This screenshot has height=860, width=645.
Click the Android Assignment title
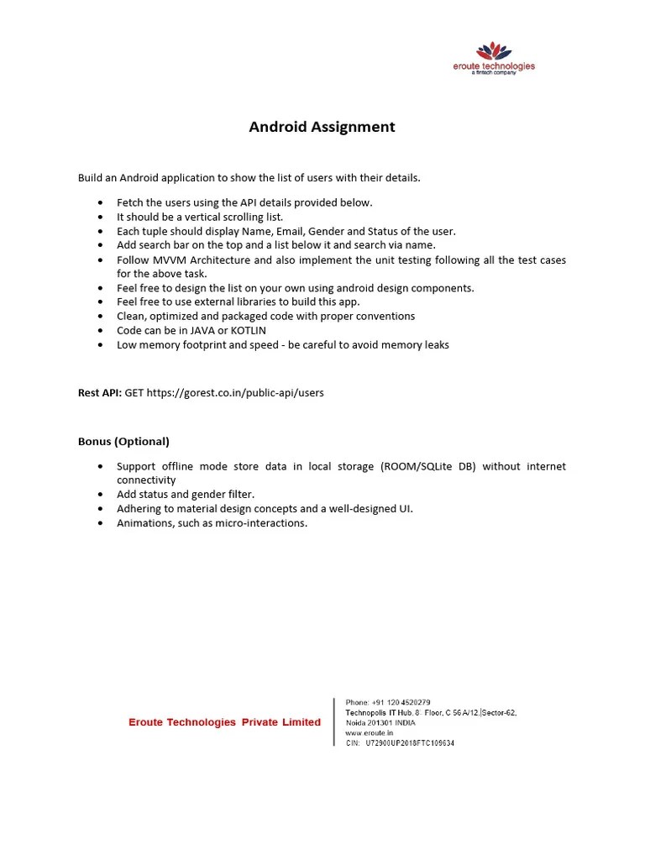[x=322, y=128]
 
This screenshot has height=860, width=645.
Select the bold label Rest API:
[x=100, y=392]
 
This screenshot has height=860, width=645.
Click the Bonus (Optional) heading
[x=123, y=441]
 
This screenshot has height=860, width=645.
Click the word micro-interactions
[x=262, y=523]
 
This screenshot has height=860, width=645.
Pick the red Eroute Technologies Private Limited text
[x=224, y=722]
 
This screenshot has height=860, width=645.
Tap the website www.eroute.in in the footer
[x=369, y=733]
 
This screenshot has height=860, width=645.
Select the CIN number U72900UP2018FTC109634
[x=410, y=743]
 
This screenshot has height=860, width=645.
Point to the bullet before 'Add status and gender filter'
[x=101, y=495]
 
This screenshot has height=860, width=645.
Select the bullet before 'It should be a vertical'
[x=101, y=217]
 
